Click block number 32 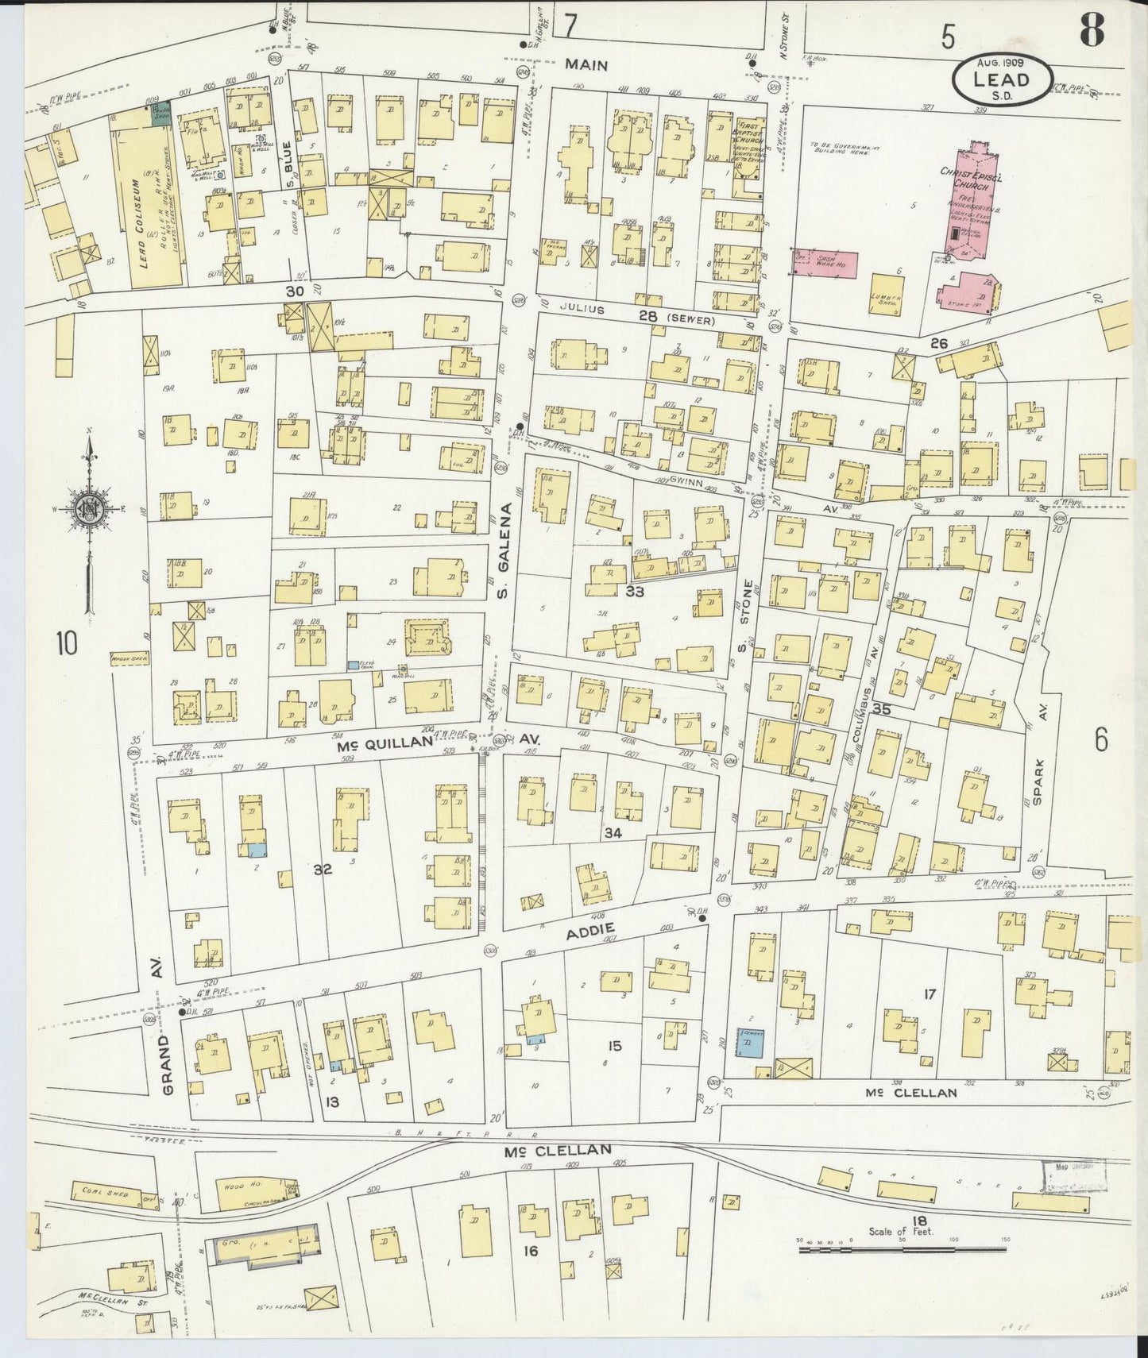click(322, 869)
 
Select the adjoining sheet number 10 click(68, 642)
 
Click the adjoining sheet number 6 click(1100, 739)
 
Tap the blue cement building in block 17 click(751, 1041)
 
